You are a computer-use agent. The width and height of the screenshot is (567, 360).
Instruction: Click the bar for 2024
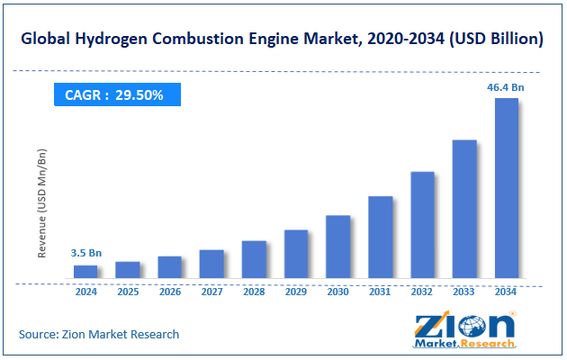tap(85, 271)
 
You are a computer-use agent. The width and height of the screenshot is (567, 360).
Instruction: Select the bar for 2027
tap(211, 264)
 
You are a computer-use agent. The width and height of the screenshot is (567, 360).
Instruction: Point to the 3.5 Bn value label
tap(85, 254)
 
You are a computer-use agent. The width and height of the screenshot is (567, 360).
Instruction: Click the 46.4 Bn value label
tap(506, 86)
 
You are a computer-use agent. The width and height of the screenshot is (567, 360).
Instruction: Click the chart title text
tap(283, 40)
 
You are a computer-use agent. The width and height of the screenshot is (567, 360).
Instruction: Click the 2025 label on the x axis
tap(128, 292)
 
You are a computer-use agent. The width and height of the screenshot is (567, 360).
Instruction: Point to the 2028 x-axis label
tap(254, 292)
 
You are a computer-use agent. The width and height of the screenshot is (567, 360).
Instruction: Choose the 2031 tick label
tap(380, 292)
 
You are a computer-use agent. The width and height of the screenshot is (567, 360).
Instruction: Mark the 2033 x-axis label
tap(464, 292)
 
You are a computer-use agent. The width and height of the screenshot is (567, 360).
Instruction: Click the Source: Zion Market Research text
tap(99, 334)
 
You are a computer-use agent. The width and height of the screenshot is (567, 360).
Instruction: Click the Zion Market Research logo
tap(465, 329)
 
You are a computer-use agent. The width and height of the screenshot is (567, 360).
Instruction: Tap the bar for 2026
tap(169, 267)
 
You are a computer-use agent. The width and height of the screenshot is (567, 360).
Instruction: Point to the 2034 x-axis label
tap(506, 292)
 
